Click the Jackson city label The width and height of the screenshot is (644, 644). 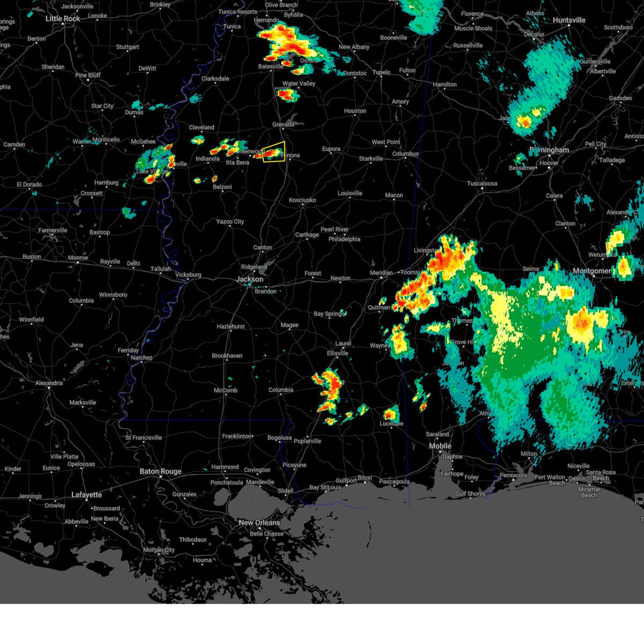250,279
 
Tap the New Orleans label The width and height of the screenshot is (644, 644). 259,523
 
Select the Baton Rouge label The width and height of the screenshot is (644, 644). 160,472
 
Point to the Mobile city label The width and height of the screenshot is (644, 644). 440,447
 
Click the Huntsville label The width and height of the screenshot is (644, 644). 569,20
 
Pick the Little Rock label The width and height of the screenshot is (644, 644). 63,19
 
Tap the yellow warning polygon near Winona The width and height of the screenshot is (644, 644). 274,152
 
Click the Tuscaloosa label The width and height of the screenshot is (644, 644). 482,184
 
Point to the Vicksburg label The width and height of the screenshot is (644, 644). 188,275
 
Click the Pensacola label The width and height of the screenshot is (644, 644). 513,475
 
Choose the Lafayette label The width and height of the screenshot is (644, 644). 86,495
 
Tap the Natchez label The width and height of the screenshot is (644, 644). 142,358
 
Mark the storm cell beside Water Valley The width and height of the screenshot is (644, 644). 287,95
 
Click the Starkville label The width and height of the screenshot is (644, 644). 371,159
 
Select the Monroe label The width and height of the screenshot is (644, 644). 78,258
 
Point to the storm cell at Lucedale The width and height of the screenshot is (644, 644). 390,414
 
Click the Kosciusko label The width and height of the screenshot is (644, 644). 302,200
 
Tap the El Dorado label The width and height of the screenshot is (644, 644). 29,185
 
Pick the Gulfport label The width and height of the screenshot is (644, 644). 346,481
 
